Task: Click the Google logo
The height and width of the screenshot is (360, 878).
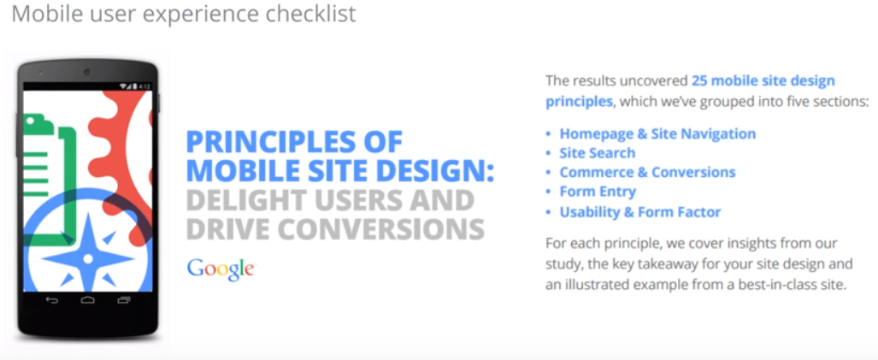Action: tap(221, 269)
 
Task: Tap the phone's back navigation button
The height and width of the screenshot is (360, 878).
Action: tap(51, 301)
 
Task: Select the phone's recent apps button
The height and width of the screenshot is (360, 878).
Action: tap(124, 301)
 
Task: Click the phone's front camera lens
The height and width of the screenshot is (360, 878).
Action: tap(87, 72)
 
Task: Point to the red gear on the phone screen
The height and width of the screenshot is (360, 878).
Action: tap(123, 162)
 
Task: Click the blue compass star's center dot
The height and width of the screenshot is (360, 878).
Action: tap(87, 258)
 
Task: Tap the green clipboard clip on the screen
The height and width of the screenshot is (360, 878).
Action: tap(37, 121)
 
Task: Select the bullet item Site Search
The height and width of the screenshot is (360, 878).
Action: tap(597, 153)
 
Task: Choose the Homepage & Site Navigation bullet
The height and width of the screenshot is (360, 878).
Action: tap(657, 133)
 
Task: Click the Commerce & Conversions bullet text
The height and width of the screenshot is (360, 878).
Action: tap(647, 172)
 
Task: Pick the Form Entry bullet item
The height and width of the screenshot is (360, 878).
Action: tap(598, 192)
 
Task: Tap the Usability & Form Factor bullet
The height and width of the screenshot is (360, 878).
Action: tap(640, 211)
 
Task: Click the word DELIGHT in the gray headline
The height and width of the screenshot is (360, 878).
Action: tap(247, 200)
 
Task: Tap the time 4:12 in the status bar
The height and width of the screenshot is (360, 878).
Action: tap(144, 86)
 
